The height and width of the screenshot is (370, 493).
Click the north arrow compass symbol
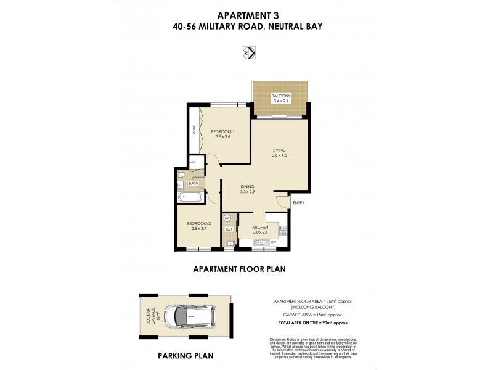coord(247,54)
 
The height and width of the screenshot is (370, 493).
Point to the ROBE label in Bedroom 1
coord(194,131)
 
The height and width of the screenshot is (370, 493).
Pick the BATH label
coord(193,183)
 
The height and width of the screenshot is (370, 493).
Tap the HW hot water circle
coord(227,218)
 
